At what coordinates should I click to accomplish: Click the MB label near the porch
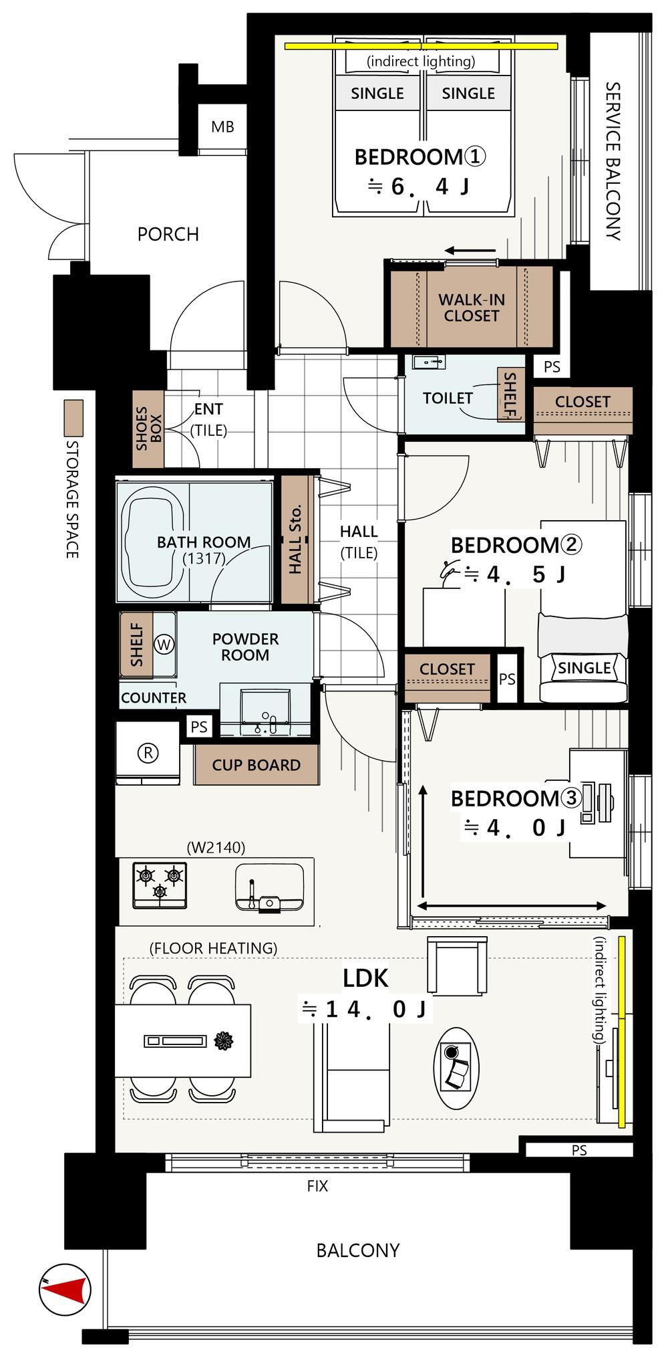tap(222, 126)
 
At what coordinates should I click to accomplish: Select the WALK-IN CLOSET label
tap(472, 308)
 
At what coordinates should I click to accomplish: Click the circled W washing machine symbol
tap(164, 645)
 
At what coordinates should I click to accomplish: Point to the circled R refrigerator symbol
tap(148, 753)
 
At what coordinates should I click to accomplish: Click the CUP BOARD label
tap(257, 765)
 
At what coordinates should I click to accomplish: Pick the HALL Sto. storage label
tap(296, 539)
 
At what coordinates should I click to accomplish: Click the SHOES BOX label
tap(148, 428)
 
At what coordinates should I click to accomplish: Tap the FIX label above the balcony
tap(317, 1186)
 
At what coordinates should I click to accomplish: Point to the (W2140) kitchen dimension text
tap(216, 847)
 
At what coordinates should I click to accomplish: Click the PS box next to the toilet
tap(552, 366)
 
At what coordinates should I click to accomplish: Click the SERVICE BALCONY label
tap(613, 161)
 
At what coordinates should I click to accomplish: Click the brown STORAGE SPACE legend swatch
tap(73, 418)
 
